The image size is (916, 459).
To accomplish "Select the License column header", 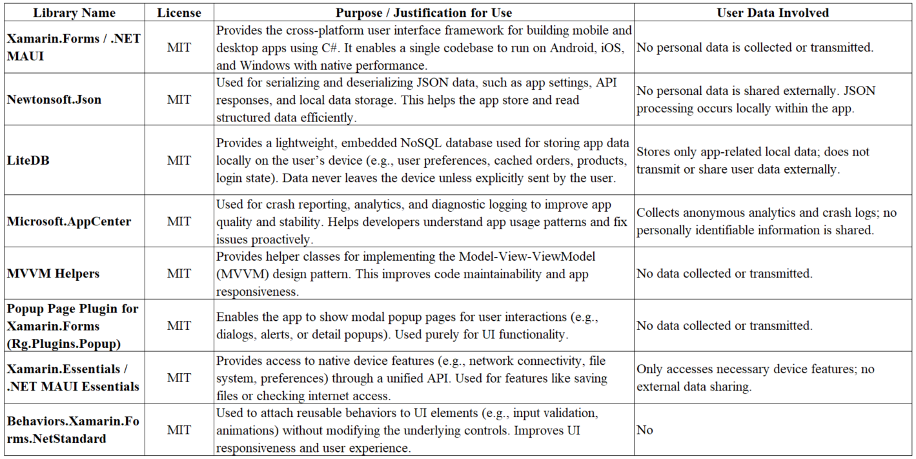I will coord(179,12).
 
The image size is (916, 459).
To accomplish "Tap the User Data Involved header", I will coord(772,12).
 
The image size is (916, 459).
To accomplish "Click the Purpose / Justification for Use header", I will coord(423,12).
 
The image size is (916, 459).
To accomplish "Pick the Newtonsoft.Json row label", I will coord(54,99).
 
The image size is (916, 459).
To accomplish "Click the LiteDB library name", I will coord(28,160).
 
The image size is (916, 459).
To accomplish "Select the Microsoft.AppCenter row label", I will coord(69,221).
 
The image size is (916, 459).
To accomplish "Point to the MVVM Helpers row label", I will coord(54,274).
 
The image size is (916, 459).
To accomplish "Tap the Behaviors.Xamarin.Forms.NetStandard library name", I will coord(73,430).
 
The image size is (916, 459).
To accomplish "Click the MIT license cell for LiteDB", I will coord(179,160).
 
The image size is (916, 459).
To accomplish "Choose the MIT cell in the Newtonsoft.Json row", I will coord(179,99).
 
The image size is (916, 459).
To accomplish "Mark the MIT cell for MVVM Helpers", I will coord(179,274).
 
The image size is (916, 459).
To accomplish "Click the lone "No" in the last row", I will coord(645,430).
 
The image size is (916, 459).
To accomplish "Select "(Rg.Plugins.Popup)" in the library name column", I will coord(64,343).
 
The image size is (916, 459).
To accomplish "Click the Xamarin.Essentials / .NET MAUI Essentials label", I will coord(73,378).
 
